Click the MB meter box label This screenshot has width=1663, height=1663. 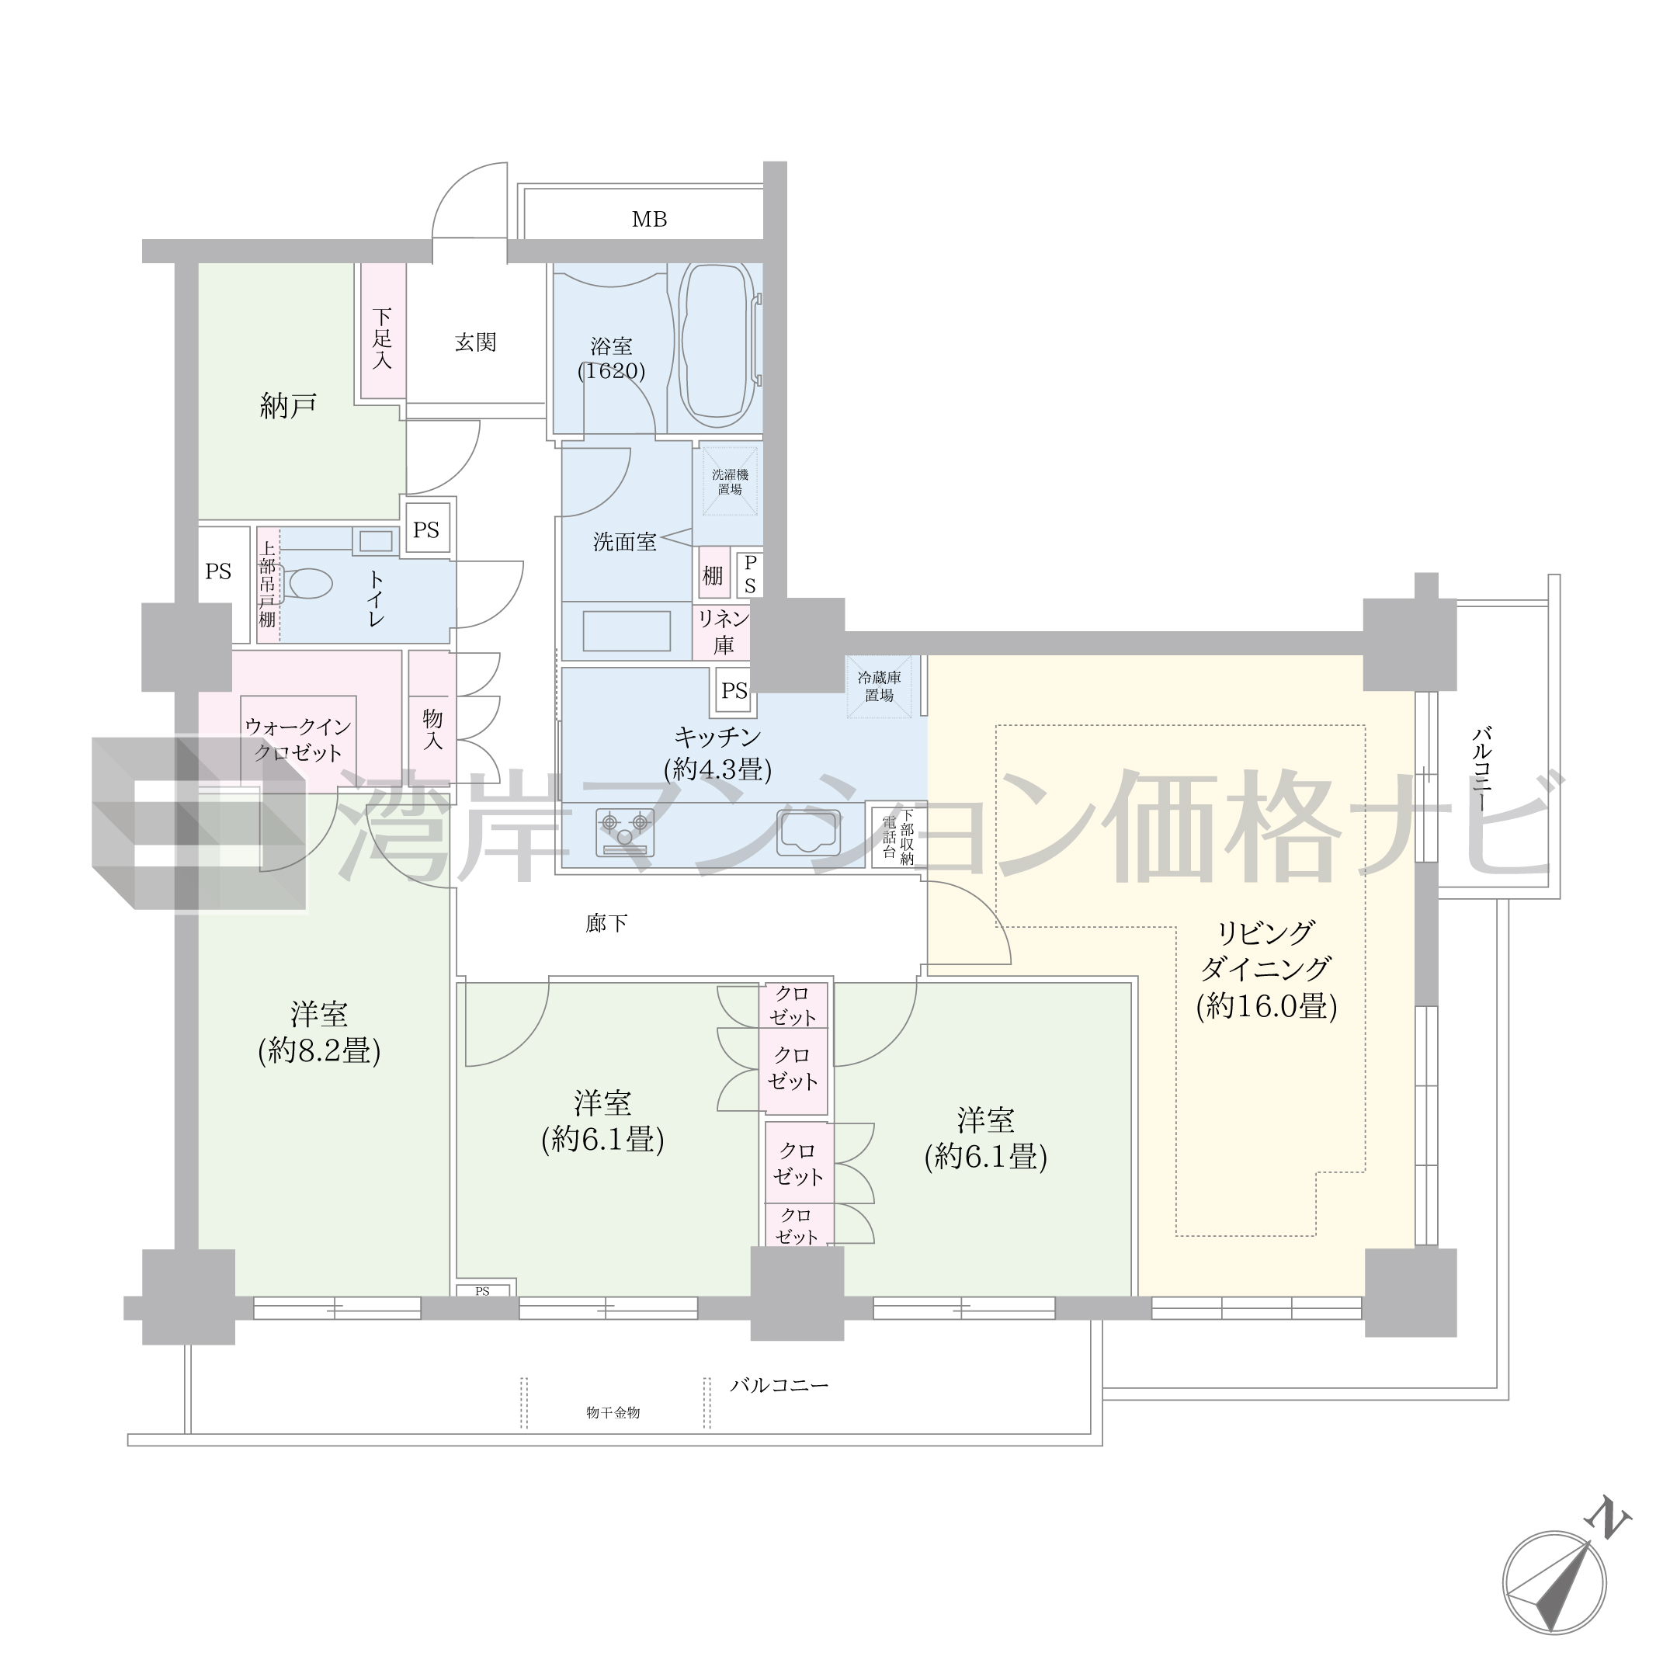(649, 220)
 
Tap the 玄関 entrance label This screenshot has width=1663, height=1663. (475, 342)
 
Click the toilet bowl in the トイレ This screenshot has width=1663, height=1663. (310, 584)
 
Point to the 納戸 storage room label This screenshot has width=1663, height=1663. (288, 405)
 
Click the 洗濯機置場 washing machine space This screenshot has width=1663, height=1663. (729, 481)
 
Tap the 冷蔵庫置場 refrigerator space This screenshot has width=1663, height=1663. (879, 686)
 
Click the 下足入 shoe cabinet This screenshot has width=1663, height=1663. (383, 331)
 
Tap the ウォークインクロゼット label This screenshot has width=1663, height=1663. (298, 739)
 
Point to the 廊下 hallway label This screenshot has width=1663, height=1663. (606, 925)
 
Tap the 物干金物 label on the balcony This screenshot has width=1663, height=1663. (613, 1412)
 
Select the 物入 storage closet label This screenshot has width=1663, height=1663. (432, 729)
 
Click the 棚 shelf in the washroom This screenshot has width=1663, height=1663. (713, 575)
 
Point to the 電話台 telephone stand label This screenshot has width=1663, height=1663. (889, 834)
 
